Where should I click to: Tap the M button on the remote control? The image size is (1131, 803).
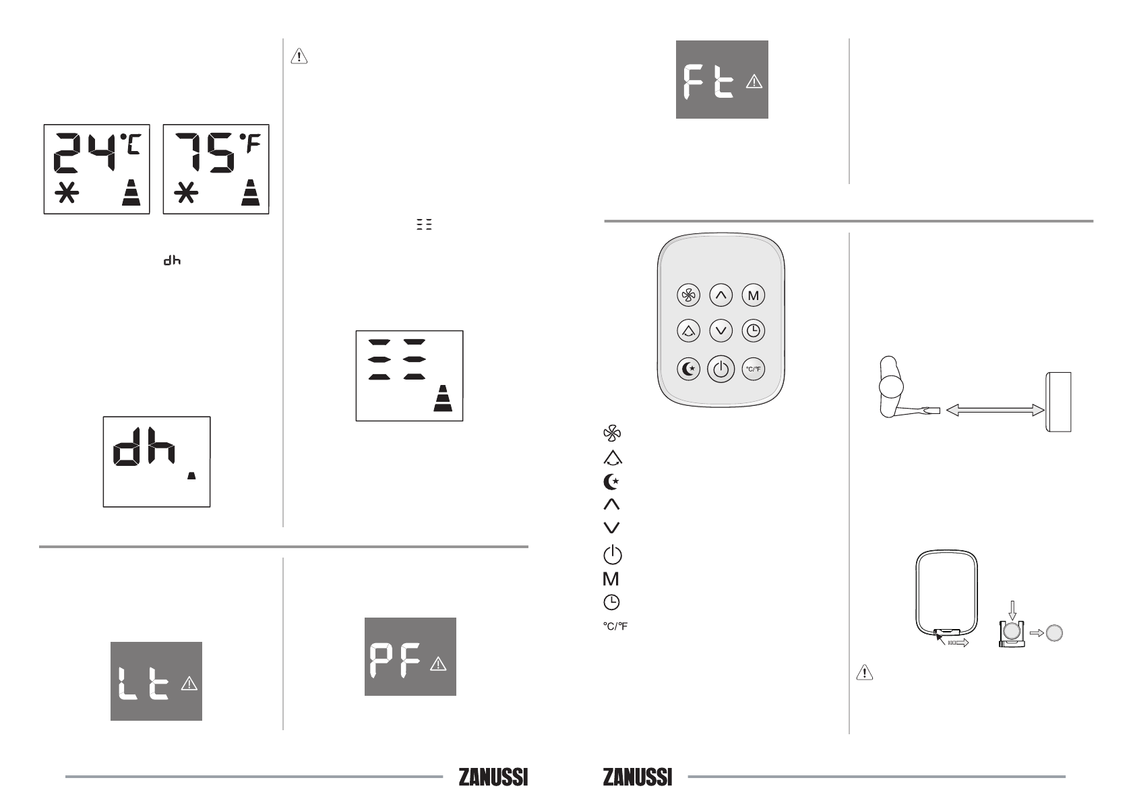pyautogui.click(x=753, y=295)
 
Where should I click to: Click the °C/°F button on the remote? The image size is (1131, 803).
pyautogui.click(x=753, y=369)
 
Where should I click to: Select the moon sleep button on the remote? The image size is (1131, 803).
pyautogui.click(x=688, y=369)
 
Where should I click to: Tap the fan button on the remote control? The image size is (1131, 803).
pyautogui.click(x=688, y=295)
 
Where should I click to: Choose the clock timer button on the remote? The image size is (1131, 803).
pyautogui.click(x=753, y=331)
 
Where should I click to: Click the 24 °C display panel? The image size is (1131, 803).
pyautogui.click(x=97, y=169)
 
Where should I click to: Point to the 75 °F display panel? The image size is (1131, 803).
pyautogui.click(x=216, y=169)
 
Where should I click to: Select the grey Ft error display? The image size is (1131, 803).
pyautogui.click(x=722, y=80)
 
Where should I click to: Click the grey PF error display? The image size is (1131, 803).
pyautogui.click(x=410, y=657)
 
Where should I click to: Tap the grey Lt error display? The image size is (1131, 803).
pyautogui.click(x=156, y=681)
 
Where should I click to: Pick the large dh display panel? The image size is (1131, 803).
pyautogui.click(x=156, y=462)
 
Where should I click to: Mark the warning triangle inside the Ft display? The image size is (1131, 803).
pyautogui.click(x=754, y=82)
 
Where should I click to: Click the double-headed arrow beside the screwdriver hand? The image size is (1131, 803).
pyautogui.click(x=995, y=410)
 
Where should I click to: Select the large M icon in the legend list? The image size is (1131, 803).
pyautogui.click(x=611, y=578)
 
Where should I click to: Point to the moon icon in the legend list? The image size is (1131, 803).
pyautogui.click(x=611, y=482)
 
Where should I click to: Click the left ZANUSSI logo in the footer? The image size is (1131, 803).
pyautogui.click(x=493, y=777)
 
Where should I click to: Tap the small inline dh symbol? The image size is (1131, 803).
pyautogui.click(x=172, y=261)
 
